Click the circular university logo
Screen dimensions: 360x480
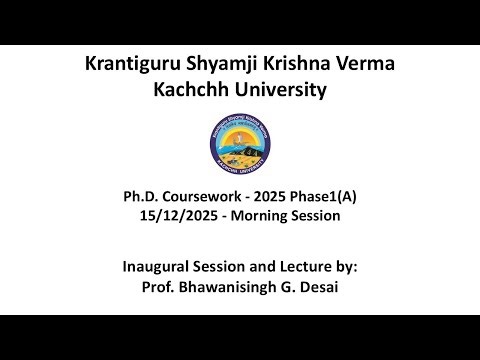240,141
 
